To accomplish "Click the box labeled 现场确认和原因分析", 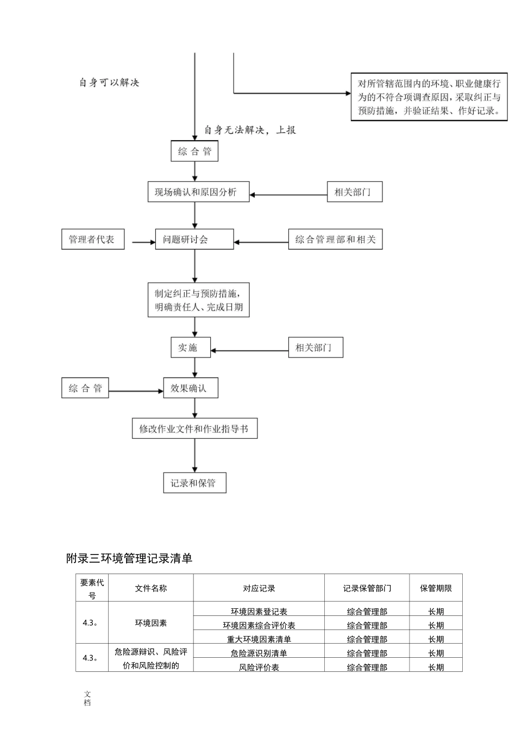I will (198, 192).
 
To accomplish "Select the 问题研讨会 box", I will (194, 240).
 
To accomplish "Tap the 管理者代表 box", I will (92, 240).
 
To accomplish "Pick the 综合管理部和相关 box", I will (335, 240).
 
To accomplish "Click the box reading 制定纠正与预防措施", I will (199, 300).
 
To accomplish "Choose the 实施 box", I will (190, 348).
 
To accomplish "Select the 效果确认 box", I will (190, 388).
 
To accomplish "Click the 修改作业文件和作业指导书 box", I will (194, 429).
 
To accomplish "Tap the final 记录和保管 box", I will (194, 483).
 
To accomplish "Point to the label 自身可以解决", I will (109, 83).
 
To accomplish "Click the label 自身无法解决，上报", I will (250, 130).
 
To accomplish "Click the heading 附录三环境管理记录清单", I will (129, 558).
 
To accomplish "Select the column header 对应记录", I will (259, 588).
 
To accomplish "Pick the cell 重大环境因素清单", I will (259, 639).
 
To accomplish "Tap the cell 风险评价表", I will (259, 667).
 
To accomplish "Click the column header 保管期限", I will (436, 588).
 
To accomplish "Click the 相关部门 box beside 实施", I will (316, 348).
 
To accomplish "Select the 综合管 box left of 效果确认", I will (85, 388).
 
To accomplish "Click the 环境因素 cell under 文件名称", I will (150, 623).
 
